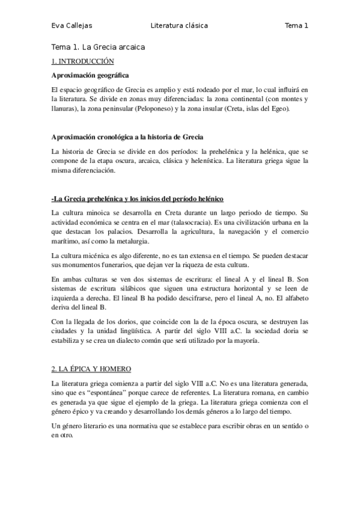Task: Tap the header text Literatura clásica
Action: [x=180, y=26]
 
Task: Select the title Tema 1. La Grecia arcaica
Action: [x=99, y=47]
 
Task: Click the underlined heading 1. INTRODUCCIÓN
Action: [x=82, y=61]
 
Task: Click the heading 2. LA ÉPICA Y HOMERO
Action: [x=91, y=368]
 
